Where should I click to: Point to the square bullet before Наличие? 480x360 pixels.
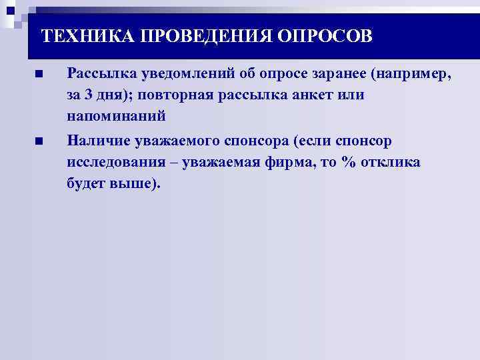click(x=39, y=141)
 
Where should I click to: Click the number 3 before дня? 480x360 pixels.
click(x=89, y=95)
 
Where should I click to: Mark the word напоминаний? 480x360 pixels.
click(x=117, y=116)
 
